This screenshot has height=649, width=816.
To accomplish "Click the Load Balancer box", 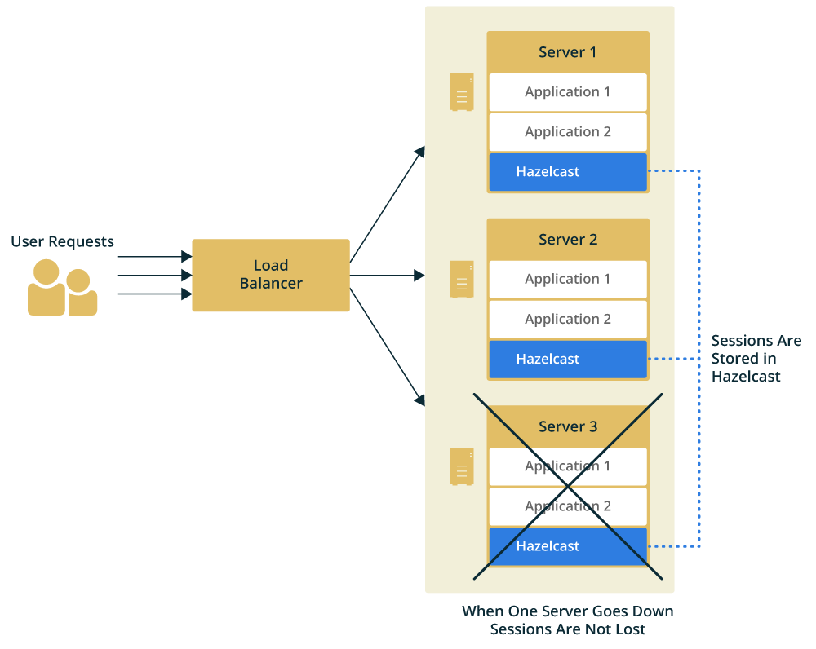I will point(270,275).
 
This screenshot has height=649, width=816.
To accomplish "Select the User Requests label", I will point(62,241).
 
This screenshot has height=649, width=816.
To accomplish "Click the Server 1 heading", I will point(567,52).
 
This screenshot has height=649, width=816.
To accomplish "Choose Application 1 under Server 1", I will point(567,92).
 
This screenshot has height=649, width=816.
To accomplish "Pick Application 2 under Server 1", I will point(567,132).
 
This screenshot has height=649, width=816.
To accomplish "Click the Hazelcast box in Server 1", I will point(567,172).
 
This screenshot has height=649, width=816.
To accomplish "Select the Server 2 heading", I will point(567,240).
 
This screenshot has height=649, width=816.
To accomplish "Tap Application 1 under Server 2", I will point(567,280).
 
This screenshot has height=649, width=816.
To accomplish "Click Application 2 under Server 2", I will point(567,320).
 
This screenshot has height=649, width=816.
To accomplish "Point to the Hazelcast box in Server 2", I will point(567,360).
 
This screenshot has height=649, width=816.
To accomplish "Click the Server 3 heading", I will point(567,426).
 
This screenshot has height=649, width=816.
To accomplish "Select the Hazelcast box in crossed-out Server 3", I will point(567,546).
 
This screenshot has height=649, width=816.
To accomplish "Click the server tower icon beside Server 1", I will point(462,92).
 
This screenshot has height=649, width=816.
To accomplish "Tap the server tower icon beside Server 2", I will point(462,280).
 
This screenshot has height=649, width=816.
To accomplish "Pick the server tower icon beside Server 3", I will point(462,466).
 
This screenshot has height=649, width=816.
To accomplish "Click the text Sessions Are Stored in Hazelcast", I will point(756,359).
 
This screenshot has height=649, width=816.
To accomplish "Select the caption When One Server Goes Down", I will point(567,611).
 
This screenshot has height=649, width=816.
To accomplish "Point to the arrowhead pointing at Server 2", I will point(419,276).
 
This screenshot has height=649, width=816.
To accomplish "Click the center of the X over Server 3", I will point(568,487).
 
